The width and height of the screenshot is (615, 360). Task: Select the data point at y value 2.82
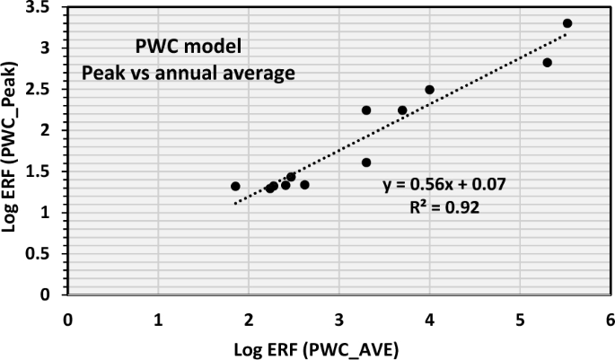(547, 63)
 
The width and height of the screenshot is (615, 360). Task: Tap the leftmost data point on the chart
(235, 186)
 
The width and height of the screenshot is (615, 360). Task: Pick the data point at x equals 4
(429, 90)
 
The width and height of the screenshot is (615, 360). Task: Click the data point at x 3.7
(402, 110)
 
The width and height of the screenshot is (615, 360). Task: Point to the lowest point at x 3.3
(366, 162)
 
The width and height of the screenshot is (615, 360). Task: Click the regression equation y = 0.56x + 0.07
(444, 184)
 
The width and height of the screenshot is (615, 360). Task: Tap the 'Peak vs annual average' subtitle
(189, 73)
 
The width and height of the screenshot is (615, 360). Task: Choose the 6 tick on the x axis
(610, 318)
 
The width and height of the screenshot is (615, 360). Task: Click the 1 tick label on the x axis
(158, 318)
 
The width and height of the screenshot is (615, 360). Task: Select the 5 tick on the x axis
(520, 318)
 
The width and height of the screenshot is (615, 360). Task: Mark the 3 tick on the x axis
(338, 318)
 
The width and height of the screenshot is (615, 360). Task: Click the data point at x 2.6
(304, 185)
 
